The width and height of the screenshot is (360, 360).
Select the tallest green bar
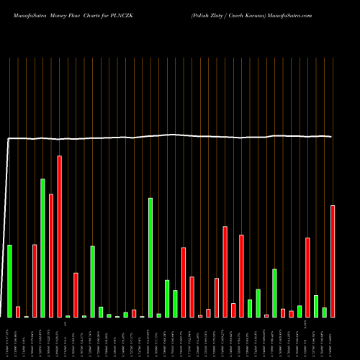[x=43, y=248]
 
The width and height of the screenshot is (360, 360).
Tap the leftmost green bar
[x=10, y=281]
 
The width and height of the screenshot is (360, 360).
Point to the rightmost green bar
[x=325, y=312]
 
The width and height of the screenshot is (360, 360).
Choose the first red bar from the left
[x=18, y=311]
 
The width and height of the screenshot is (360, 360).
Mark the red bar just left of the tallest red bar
[x=51, y=255]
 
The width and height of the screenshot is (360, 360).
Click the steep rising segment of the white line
[x=6, y=216]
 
